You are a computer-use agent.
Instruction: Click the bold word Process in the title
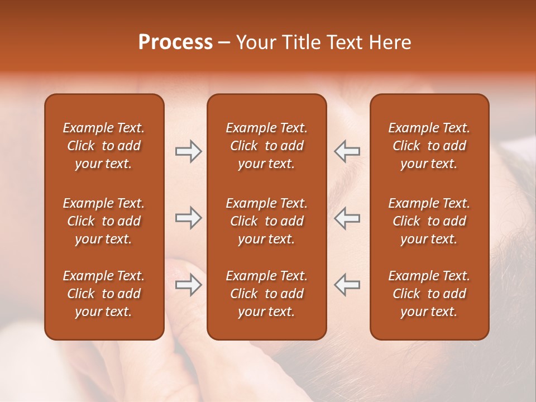(175, 42)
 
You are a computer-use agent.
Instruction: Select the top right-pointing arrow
(188, 151)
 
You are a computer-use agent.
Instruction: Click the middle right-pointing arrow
(188, 218)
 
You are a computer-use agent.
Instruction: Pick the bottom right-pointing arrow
(188, 285)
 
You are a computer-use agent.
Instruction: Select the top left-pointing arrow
(347, 151)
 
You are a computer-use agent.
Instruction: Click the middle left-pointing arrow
(347, 218)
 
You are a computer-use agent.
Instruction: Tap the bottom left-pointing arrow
(347, 285)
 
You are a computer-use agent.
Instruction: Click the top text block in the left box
(104, 146)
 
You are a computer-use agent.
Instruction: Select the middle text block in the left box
(104, 221)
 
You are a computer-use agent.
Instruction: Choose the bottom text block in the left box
(104, 294)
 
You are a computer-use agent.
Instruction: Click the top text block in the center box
(266, 146)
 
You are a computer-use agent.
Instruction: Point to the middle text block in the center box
(266, 221)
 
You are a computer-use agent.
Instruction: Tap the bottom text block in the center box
(266, 294)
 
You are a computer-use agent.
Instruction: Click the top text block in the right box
(429, 146)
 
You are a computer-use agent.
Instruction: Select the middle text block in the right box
(429, 221)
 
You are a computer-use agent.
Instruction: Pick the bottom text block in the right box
(429, 294)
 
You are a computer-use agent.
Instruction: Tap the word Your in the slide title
(254, 42)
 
